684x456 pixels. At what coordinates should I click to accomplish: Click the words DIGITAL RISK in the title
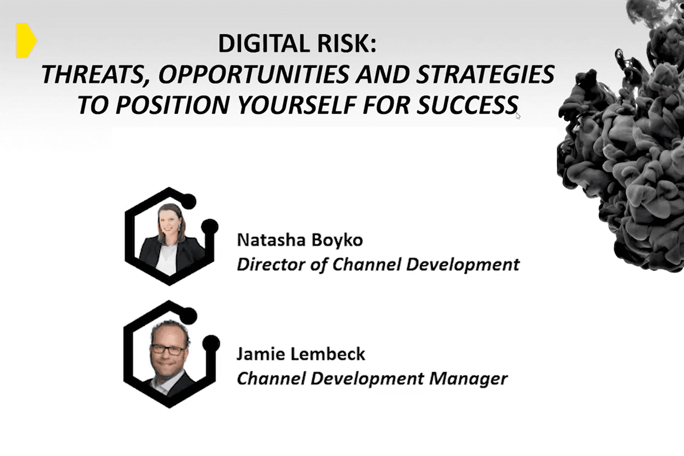click(x=297, y=45)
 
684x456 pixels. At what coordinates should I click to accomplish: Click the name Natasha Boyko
click(x=299, y=240)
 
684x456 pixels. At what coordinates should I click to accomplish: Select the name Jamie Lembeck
click(x=300, y=354)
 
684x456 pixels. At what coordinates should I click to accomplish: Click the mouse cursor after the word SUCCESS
click(x=518, y=116)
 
